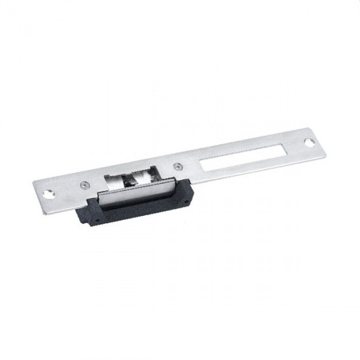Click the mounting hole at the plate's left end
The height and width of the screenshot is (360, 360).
(49, 194)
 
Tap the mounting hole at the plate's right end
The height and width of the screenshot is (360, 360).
(309, 141)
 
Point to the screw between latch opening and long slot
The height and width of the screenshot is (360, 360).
(177, 166)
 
